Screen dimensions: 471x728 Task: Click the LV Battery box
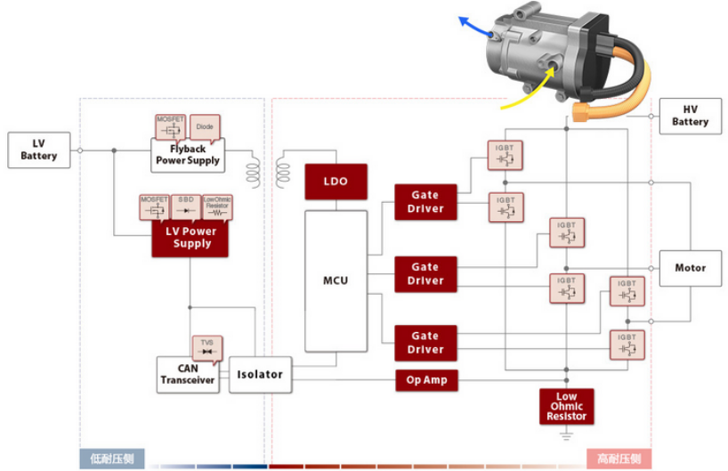pyautogui.click(x=38, y=150)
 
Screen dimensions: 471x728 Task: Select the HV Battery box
pyautogui.click(x=690, y=116)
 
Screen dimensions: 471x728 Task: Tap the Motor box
pyautogui.click(x=690, y=267)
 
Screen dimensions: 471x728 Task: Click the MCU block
pyautogui.click(x=336, y=281)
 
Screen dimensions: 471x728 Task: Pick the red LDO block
pyautogui.click(x=336, y=182)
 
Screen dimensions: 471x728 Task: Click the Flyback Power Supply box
pyautogui.click(x=188, y=155)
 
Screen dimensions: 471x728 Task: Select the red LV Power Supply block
pyautogui.click(x=190, y=238)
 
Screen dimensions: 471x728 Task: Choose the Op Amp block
pyautogui.click(x=425, y=380)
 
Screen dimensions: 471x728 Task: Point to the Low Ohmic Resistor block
pyautogui.click(x=566, y=406)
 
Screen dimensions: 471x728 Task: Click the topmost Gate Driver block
pyautogui.click(x=425, y=201)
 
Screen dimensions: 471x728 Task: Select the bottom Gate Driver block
pyautogui.click(x=425, y=343)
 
